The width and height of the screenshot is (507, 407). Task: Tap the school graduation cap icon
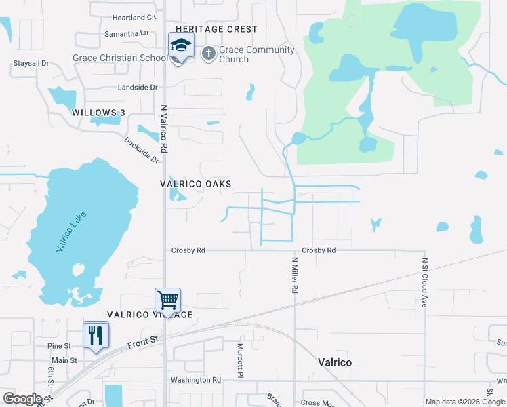181,46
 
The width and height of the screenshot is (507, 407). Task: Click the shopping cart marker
167,299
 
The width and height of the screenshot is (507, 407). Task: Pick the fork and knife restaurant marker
96,334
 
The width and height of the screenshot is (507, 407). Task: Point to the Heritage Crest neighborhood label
216,29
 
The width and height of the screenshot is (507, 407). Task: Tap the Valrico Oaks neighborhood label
195,184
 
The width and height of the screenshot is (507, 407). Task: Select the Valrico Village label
150,315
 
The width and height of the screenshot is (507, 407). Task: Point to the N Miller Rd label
295,275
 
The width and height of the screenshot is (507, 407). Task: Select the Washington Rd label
196,380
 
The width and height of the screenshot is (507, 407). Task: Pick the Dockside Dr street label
141,150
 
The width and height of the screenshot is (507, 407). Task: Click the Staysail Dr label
31,63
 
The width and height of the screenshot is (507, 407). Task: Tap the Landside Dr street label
137,88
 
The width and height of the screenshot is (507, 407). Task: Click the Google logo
22,399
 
